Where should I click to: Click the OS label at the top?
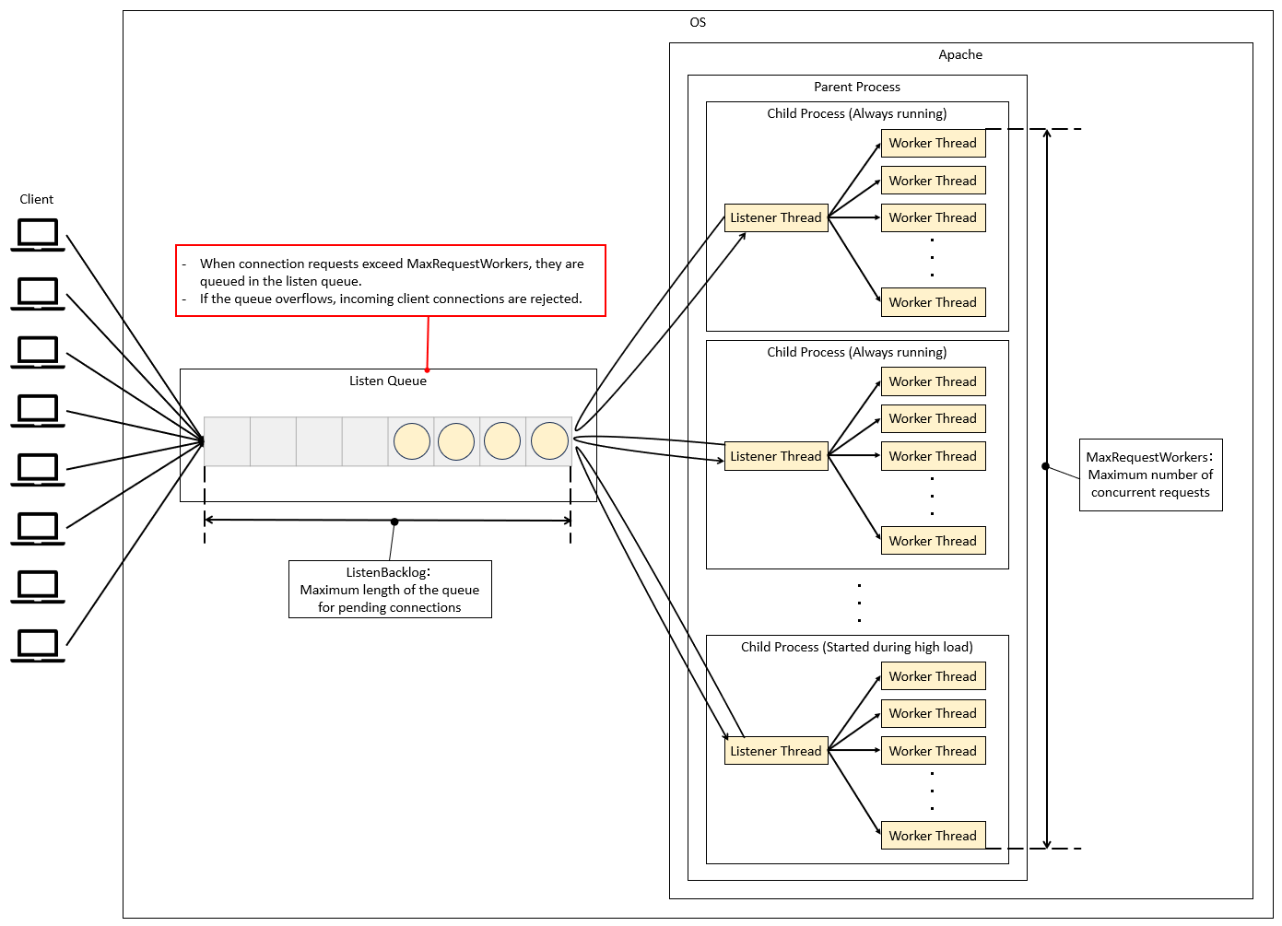tap(698, 22)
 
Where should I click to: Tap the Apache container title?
tap(960, 54)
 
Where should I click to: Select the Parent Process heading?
tap(857, 87)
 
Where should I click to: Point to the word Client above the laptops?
tap(37, 199)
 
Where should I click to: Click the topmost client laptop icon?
tap(38, 234)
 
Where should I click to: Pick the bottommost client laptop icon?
tap(38, 645)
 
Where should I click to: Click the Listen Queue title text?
tap(388, 381)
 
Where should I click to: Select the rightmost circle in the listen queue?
tap(550, 441)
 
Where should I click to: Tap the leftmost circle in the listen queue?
tap(412, 441)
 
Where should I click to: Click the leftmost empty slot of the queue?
tap(227, 441)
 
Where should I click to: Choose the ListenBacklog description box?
tap(390, 590)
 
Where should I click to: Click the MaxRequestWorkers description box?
tap(1150, 475)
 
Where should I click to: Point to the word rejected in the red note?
tap(556, 299)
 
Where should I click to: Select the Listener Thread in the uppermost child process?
tap(776, 217)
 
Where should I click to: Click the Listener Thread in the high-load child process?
tap(776, 751)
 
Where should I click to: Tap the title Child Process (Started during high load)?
tap(857, 647)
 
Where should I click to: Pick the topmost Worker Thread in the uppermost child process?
tap(933, 143)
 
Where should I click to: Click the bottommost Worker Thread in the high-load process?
tap(933, 836)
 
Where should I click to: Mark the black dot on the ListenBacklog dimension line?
tap(394, 522)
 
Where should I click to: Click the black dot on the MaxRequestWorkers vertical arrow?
tap(1045, 466)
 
